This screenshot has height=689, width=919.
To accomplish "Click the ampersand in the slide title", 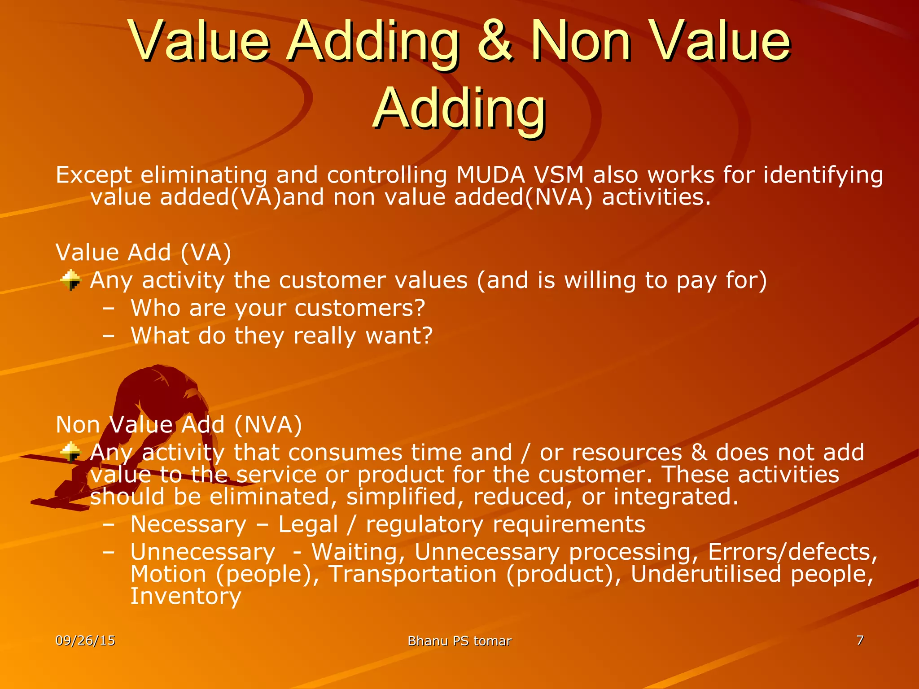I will point(495,41).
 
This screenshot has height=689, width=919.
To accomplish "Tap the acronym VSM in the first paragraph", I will point(559,175).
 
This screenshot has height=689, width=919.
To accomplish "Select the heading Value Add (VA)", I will point(143,252).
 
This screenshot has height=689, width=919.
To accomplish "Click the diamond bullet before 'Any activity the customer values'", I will point(71,280).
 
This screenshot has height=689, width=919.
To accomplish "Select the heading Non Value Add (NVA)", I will point(179,424).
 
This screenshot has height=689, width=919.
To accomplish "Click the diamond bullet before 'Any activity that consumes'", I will point(71,452).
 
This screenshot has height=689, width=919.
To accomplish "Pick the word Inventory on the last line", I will point(186,596).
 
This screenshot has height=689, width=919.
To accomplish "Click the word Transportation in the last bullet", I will point(412,574).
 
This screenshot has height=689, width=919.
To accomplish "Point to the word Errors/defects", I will point(792,552).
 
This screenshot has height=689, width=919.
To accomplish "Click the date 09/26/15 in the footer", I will point(85,641).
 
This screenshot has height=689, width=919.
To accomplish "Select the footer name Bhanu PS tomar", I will point(459,641).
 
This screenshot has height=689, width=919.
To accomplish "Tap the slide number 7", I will point(860,640).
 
